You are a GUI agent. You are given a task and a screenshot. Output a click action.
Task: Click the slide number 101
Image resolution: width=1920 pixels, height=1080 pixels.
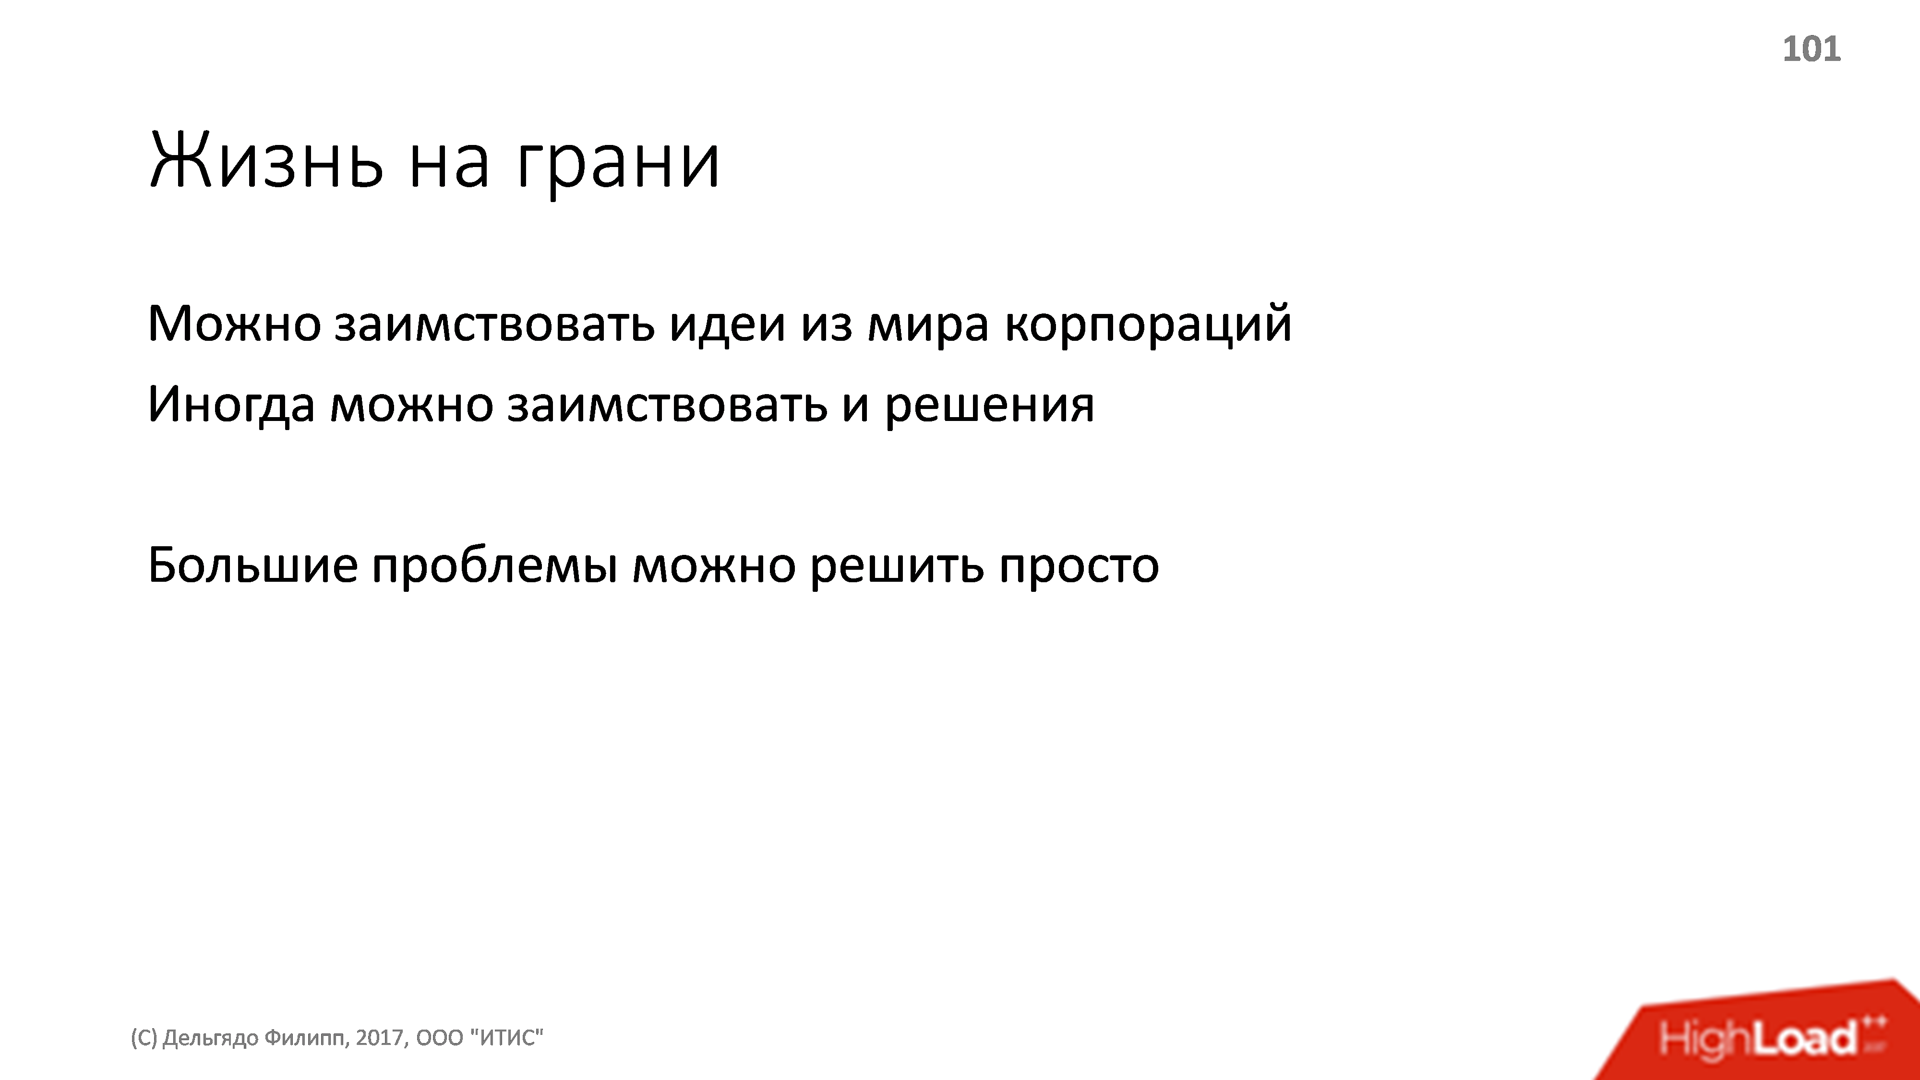click(x=1811, y=49)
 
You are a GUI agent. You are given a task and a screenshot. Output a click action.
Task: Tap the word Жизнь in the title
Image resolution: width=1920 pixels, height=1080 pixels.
click(x=267, y=161)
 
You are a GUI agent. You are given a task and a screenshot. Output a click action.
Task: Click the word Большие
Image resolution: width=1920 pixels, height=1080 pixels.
click(x=252, y=565)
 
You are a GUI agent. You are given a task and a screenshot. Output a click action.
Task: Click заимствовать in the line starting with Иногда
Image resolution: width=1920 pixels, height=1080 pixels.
click(x=667, y=405)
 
